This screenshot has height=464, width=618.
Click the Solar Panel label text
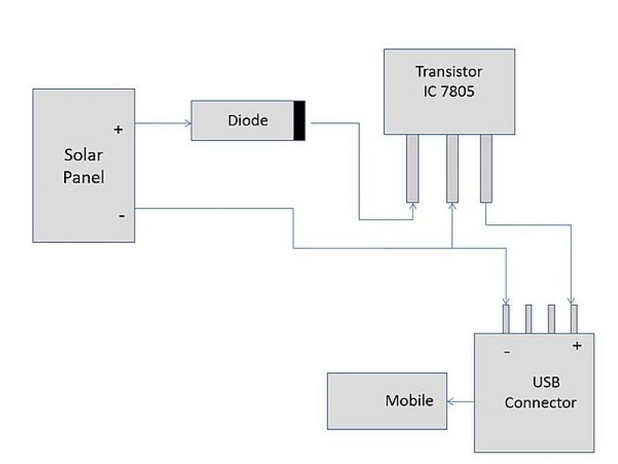(x=83, y=165)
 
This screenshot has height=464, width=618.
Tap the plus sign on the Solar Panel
(x=118, y=130)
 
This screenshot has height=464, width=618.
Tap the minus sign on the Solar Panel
(x=121, y=216)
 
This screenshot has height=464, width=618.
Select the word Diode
(x=247, y=121)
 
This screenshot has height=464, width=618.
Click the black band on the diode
(x=298, y=121)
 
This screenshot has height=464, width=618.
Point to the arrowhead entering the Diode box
(x=188, y=121)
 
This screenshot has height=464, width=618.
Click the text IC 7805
(x=449, y=90)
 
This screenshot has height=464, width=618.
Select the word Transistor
(x=449, y=72)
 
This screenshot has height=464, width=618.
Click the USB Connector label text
(x=540, y=392)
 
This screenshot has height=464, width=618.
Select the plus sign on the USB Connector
(x=576, y=346)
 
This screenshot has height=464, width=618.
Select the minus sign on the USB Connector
(x=507, y=352)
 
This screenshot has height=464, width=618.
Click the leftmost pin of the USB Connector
(x=506, y=318)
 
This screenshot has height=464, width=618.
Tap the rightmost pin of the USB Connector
(x=574, y=318)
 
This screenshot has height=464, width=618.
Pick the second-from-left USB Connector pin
(x=529, y=318)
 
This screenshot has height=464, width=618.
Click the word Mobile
(x=409, y=401)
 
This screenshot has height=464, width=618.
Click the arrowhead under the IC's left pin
(x=413, y=206)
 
